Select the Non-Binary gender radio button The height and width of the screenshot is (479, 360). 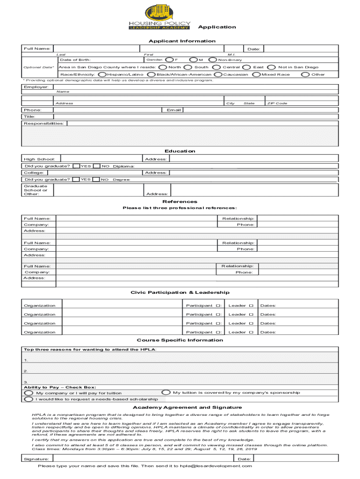(212, 60)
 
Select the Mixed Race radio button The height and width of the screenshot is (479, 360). (256, 74)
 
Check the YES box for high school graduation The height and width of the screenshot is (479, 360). (76, 166)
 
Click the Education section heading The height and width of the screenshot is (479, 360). (180, 151)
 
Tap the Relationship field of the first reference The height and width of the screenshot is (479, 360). (297, 218)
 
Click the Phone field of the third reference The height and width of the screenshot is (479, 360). (297, 272)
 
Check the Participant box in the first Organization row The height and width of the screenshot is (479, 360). (218, 306)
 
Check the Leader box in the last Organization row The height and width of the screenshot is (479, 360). (251, 333)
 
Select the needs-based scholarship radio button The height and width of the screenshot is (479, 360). (29, 399)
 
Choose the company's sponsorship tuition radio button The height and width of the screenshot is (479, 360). (166, 393)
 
